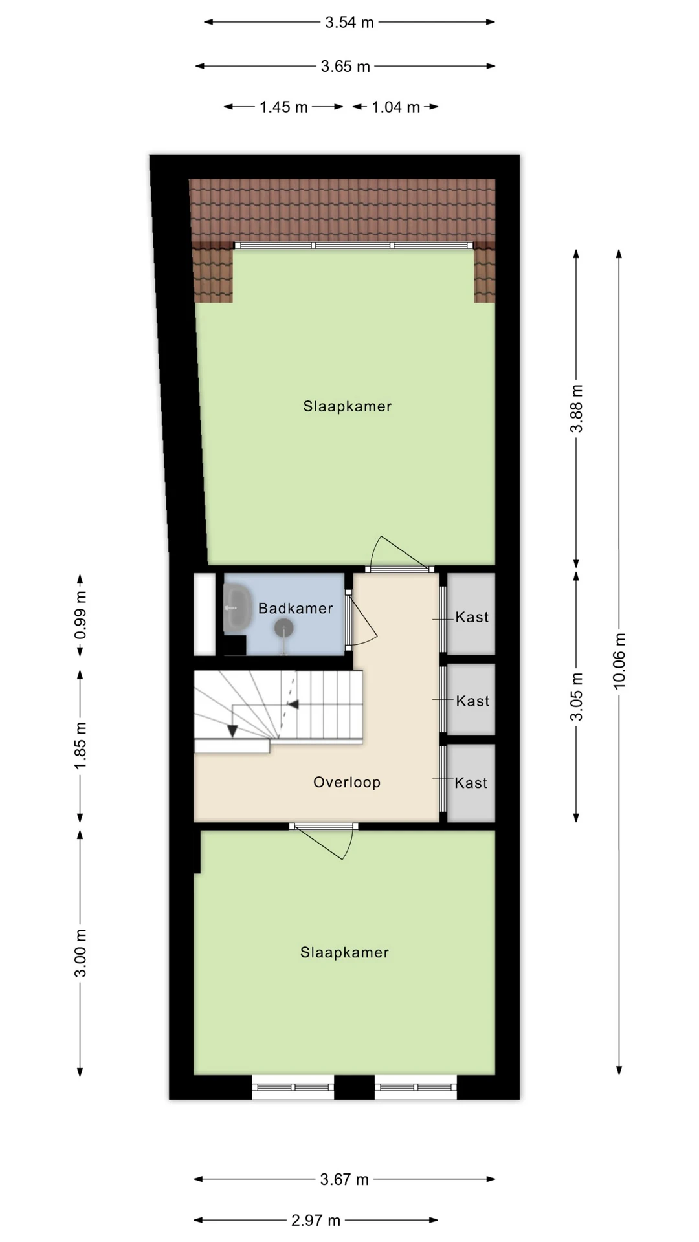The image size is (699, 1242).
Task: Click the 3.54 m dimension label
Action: click(x=349, y=23)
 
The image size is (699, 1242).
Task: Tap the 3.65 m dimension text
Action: click(x=346, y=67)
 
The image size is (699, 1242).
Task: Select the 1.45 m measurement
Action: click(x=283, y=107)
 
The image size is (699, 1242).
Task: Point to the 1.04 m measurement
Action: click(x=395, y=107)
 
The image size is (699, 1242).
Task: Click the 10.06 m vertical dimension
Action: click(x=619, y=661)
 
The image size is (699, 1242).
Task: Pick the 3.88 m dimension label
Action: click(x=577, y=409)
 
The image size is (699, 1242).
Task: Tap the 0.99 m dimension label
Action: click(x=80, y=615)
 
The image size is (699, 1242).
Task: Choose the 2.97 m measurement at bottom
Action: click(x=316, y=1221)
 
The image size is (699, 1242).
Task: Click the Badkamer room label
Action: click(x=295, y=609)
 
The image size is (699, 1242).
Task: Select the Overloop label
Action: click(x=347, y=783)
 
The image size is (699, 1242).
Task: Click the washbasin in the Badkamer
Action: click(x=238, y=609)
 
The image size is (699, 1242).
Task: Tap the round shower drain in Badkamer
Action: click(x=283, y=627)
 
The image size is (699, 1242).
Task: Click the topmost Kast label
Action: click(x=472, y=617)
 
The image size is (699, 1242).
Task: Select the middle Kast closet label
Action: click(x=472, y=701)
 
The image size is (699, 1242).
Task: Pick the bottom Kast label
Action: click(x=471, y=783)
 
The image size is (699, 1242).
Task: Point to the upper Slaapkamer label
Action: click(x=348, y=406)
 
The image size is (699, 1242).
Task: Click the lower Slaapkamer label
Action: click(x=344, y=952)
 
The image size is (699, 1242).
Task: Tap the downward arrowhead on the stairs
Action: click(x=232, y=731)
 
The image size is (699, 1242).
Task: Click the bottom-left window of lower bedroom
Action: click(x=293, y=1087)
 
